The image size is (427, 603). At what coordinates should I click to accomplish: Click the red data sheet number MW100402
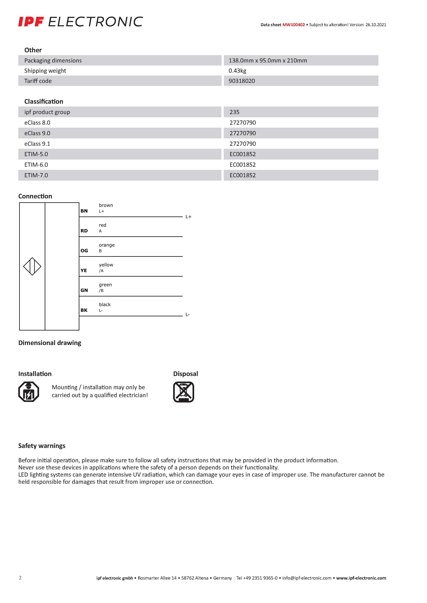pos(293,25)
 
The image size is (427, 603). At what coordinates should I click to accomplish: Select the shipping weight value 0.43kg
pos(237,71)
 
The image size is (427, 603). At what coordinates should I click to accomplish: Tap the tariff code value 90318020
pos(242,81)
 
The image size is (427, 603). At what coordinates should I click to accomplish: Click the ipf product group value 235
pos(234,112)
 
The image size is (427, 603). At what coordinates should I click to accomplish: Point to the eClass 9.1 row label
pos(37,144)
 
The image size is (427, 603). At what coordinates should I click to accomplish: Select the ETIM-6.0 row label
pos(36,165)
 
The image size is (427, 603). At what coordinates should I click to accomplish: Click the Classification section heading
pos(44,101)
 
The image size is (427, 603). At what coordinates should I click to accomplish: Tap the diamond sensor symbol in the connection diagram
pos(32,266)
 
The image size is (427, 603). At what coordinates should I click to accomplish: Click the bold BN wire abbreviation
pos(84,211)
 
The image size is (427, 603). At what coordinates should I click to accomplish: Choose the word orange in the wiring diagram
pos(106,245)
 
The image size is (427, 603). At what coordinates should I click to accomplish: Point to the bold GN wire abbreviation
pos(84,290)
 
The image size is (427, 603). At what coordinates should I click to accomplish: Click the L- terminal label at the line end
pos(188,314)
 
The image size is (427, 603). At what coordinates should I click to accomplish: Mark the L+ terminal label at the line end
pos(188,217)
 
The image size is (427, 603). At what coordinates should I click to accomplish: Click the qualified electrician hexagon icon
pos(29,392)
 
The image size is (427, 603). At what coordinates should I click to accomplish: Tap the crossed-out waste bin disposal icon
pos(184,392)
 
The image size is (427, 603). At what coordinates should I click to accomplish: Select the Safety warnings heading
pos(42,446)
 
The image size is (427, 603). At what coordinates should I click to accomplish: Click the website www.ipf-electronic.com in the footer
pos(361,578)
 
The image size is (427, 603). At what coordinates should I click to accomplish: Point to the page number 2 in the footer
pos(20,578)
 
